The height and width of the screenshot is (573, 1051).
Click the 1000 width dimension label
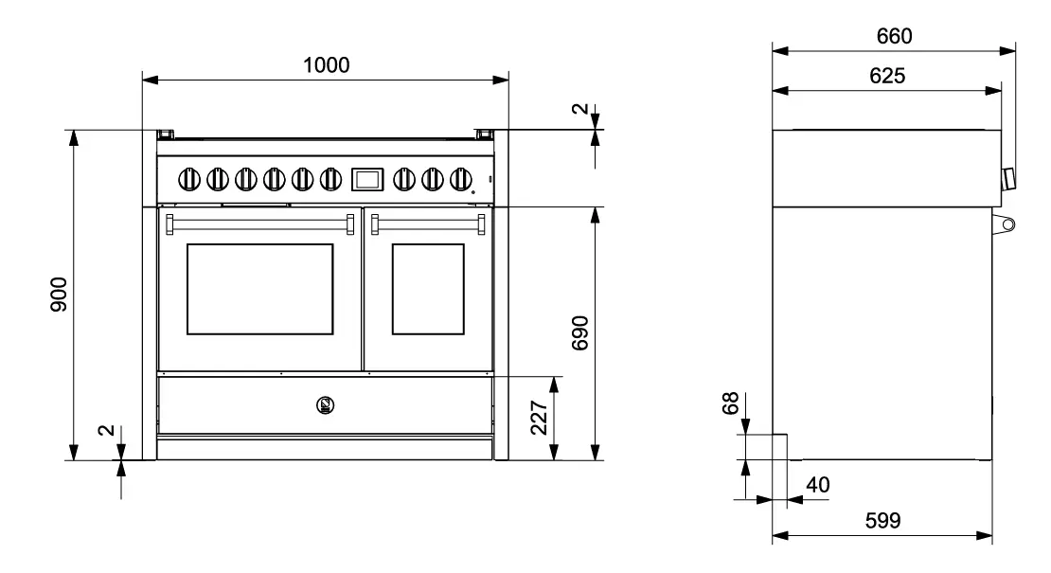pos(327,65)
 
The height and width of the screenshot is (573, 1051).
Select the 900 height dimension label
pos(59,295)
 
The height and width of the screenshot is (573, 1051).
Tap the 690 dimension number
pos(580,334)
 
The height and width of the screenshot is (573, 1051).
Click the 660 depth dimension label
pos(894,37)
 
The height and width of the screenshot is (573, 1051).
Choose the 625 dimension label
pos(887,77)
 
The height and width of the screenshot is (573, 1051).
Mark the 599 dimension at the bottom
pos(882,521)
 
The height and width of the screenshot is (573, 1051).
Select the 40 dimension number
pos(817,485)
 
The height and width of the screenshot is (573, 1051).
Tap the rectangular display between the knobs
pos(367,177)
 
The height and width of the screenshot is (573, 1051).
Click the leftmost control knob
pos(189,177)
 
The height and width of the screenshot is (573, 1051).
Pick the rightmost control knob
pos(461,177)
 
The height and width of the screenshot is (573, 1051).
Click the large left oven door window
pos(260,289)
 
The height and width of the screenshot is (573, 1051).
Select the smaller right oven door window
pos(428,289)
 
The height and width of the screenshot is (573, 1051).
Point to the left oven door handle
pos(260,223)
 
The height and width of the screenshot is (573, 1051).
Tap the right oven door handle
pos(429,223)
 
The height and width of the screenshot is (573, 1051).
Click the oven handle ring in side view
pos(1006,224)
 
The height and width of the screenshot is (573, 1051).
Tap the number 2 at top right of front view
pos(580,111)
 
